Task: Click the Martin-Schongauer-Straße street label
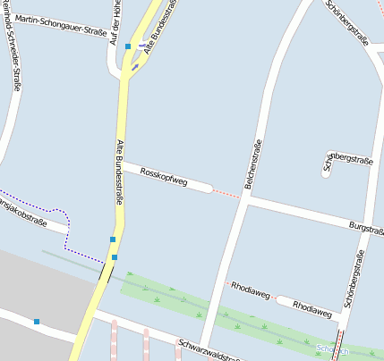pyautogui.click(x=61, y=25)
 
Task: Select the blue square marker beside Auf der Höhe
pyautogui.click(x=128, y=46)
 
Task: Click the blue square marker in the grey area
pyautogui.click(x=37, y=321)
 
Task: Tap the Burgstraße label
pyautogui.click(x=365, y=230)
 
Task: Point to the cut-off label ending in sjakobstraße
pyautogui.click(x=23, y=216)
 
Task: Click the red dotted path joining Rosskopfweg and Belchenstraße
pyautogui.click(x=227, y=194)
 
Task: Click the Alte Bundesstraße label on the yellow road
pyautogui.click(x=118, y=172)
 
